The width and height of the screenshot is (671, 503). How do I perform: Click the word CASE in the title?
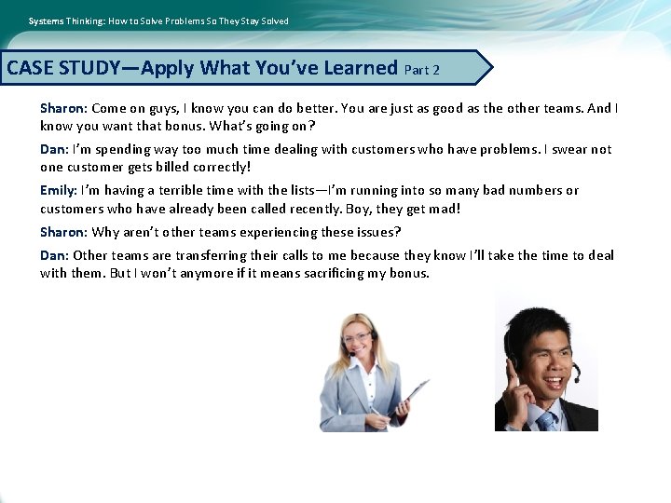[30, 68]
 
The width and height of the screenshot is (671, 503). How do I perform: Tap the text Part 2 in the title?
[421, 70]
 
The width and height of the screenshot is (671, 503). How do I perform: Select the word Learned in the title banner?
[358, 68]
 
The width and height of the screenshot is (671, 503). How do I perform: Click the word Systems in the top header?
[46, 20]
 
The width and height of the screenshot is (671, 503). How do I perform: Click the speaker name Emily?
[58, 190]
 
